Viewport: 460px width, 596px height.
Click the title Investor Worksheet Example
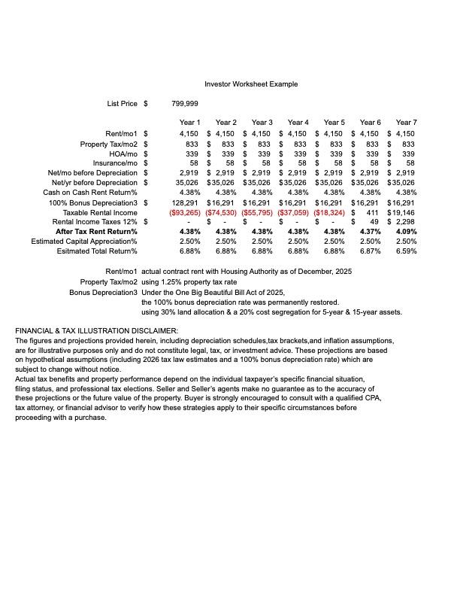tap(251, 84)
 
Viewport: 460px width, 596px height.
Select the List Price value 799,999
tap(185, 104)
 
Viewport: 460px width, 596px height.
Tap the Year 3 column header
tap(262, 122)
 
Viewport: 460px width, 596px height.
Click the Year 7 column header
tap(406, 122)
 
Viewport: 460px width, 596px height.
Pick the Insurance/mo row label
tap(115, 163)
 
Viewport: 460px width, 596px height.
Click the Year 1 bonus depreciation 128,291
tap(185, 202)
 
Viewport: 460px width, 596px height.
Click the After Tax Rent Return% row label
tap(96, 232)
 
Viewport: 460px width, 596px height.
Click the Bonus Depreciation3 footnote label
tap(103, 292)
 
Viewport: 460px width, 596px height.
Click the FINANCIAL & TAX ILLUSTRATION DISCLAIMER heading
tap(97, 331)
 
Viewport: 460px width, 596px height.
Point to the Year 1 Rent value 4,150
tap(189, 134)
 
